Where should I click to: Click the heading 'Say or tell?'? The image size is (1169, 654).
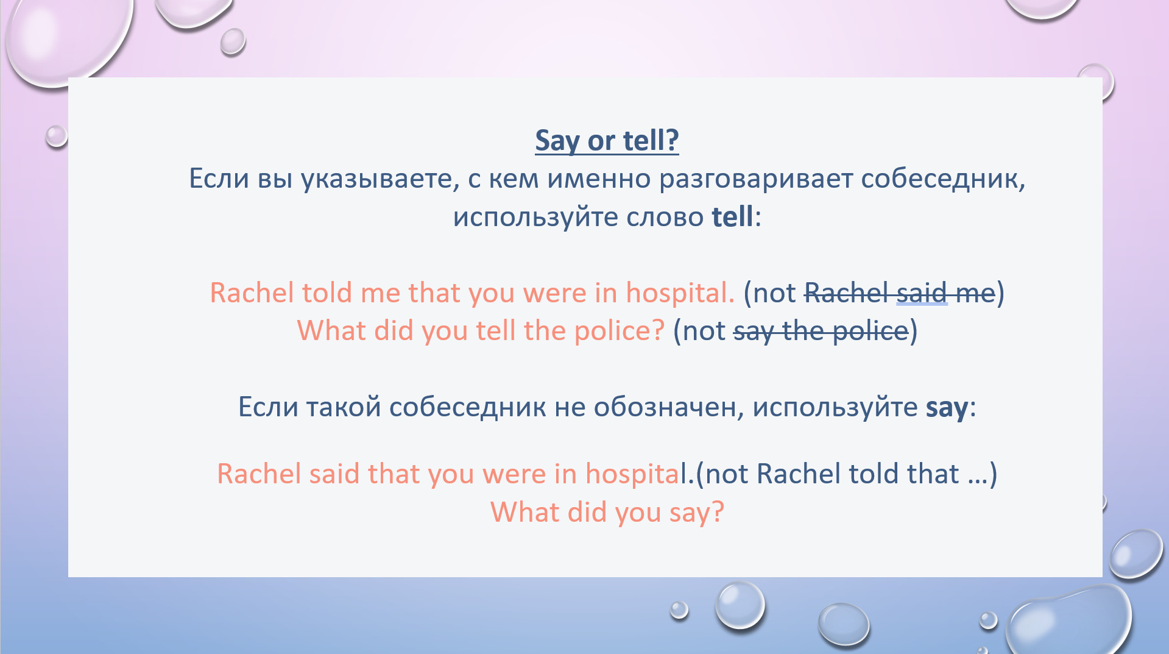coord(607,141)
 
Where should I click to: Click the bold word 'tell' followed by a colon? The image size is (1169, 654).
coord(732,217)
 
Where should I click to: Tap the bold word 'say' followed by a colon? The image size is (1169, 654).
coord(947,408)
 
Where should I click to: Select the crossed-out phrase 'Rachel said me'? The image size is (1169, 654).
coord(900,293)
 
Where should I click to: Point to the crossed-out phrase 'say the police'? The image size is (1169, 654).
coord(821,331)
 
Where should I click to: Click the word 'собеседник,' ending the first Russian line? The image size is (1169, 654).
coord(943,179)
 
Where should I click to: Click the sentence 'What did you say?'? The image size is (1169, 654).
coord(607,513)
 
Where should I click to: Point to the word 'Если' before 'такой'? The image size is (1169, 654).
coord(267,407)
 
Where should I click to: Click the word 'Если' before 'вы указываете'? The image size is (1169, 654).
coord(218,179)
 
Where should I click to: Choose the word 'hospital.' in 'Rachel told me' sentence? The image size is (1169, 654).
coord(680,293)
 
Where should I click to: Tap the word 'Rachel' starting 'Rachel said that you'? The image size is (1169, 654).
coord(258,474)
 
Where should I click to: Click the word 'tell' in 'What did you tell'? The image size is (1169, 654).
coord(496,331)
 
